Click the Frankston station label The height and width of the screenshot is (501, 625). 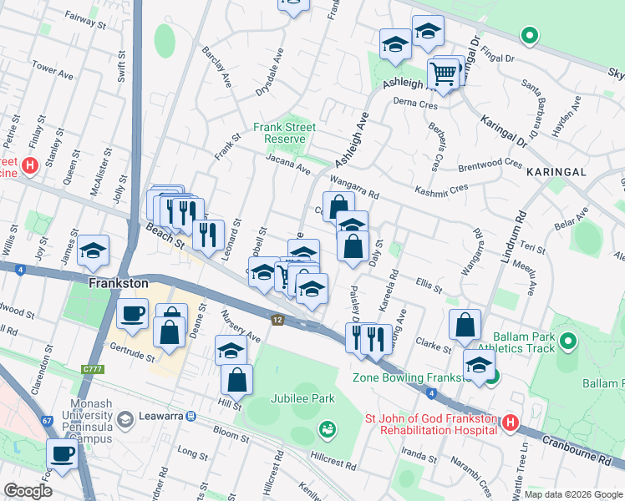pos(119,283)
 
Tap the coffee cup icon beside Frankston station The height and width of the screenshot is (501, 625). pos(131,315)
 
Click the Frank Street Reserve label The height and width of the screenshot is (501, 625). pos(285,132)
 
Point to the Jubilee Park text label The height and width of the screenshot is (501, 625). pos(302,398)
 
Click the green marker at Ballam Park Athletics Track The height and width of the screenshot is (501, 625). pos(568,341)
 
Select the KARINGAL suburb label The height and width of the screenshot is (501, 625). pos(557,171)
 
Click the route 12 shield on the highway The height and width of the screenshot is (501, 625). pos(277,319)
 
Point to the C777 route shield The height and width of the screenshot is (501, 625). pos(91,367)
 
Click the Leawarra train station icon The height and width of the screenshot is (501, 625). pos(191,416)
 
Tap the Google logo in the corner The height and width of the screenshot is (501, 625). pos(28,491)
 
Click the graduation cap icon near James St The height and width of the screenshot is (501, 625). pos(94,250)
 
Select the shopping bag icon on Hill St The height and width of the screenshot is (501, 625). pos(237,380)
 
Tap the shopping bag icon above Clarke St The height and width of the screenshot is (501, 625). pos(465,326)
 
